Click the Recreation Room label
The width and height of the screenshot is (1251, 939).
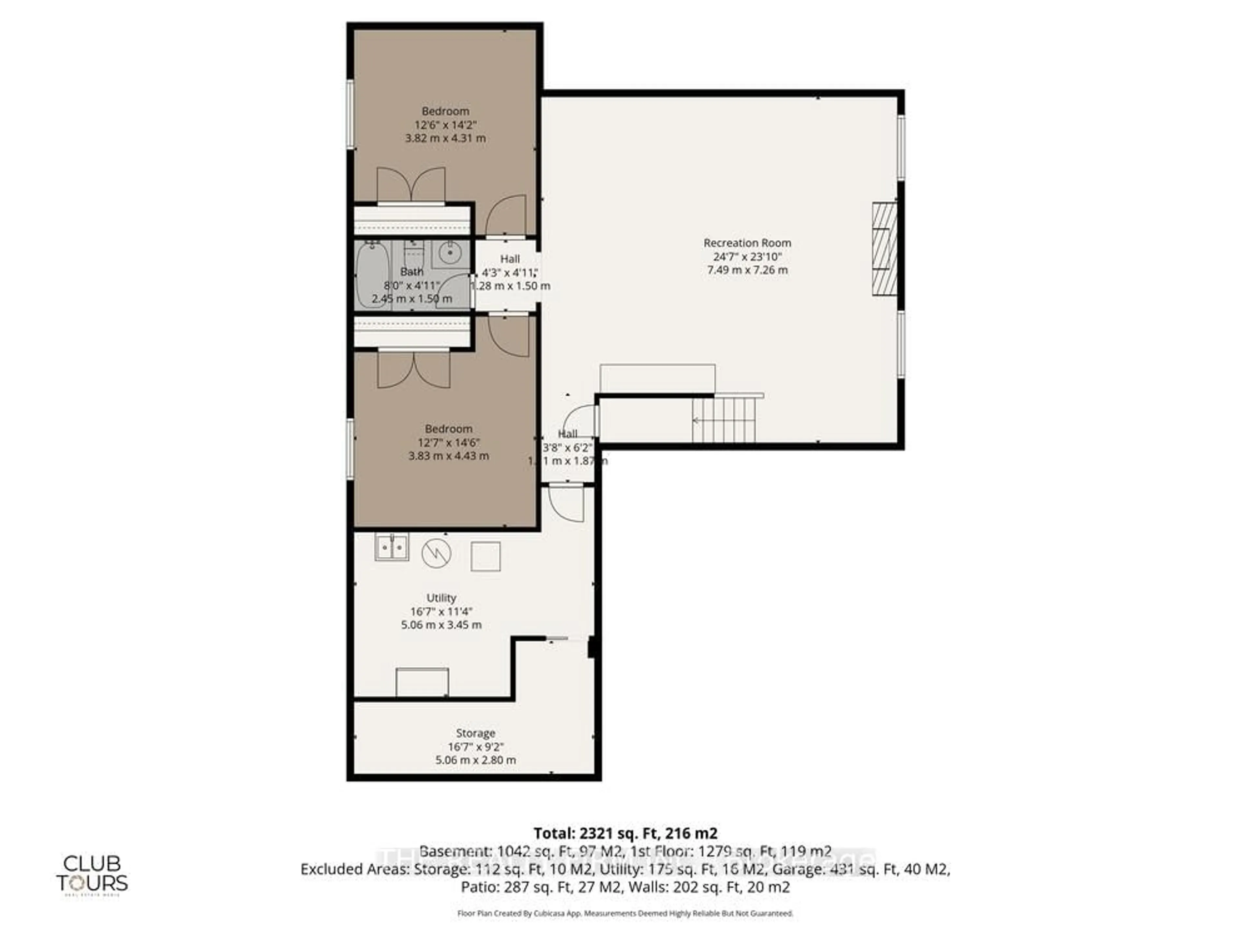point(747,243)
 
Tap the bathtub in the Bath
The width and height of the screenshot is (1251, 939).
point(372,275)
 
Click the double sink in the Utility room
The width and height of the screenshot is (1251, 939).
point(391,547)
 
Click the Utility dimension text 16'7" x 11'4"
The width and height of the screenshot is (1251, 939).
point(441,611)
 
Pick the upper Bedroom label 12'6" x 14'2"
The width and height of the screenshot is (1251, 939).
point(445,125)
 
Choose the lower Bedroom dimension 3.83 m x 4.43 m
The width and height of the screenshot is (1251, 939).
point(449,455)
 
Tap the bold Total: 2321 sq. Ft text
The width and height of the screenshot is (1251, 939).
point(625,833)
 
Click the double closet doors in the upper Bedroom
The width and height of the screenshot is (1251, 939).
point(411,185)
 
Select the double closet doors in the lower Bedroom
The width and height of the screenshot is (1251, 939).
point(414,370)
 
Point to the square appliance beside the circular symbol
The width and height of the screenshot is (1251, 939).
point(485,556)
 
